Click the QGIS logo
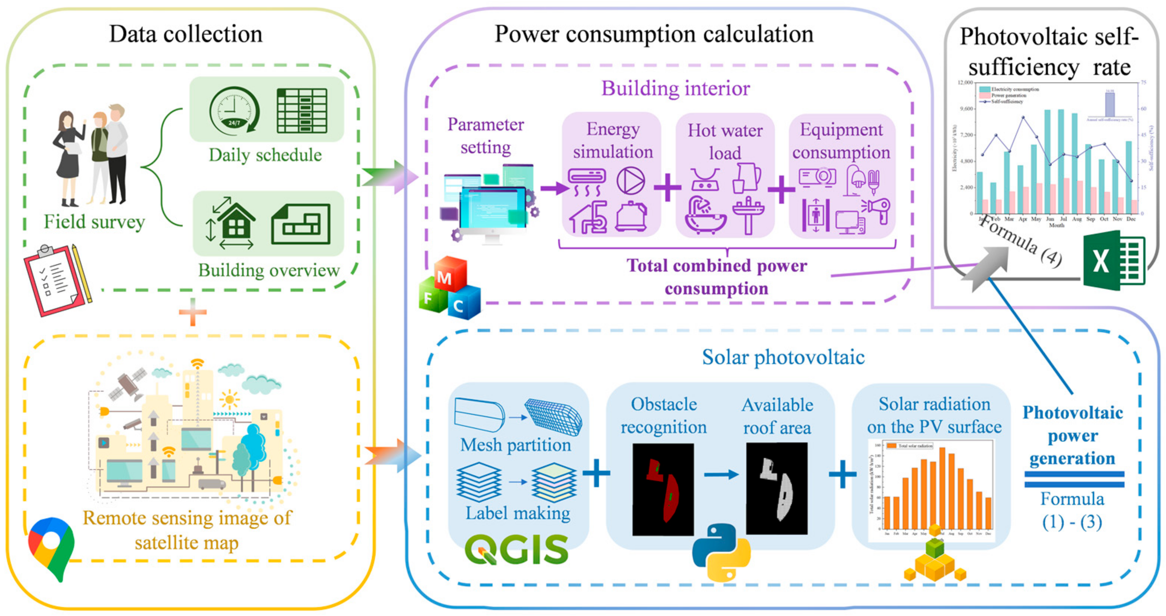point(516,549)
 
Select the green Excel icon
point(1113,260)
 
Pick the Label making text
point(517,513)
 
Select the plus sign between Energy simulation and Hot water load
point(668,187)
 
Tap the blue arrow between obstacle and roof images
point(721,475)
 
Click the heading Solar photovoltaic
point(783,357)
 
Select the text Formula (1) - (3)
point(1071,511)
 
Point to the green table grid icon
point(302,110)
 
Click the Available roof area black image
point(776,488)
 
